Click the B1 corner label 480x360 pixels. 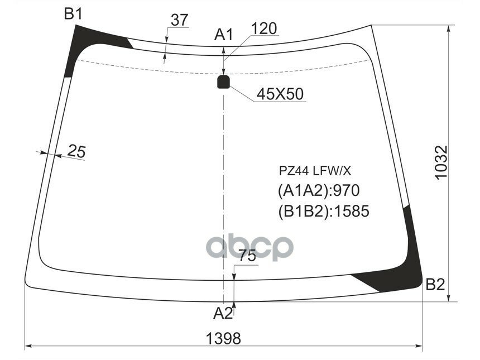click(73, 14)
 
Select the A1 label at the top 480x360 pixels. click(224, 35)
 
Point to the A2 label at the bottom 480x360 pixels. click(223, 314)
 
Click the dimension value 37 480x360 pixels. click(179, 20)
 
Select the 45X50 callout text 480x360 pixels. click(280, 94)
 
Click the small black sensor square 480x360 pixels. click(223, 83)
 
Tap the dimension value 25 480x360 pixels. click(77, 150)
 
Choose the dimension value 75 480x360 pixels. click(247, 256)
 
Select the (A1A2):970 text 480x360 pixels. click(318, 191)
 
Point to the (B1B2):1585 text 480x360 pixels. click(324, 211)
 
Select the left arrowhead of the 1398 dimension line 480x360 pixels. click(28, 346)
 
